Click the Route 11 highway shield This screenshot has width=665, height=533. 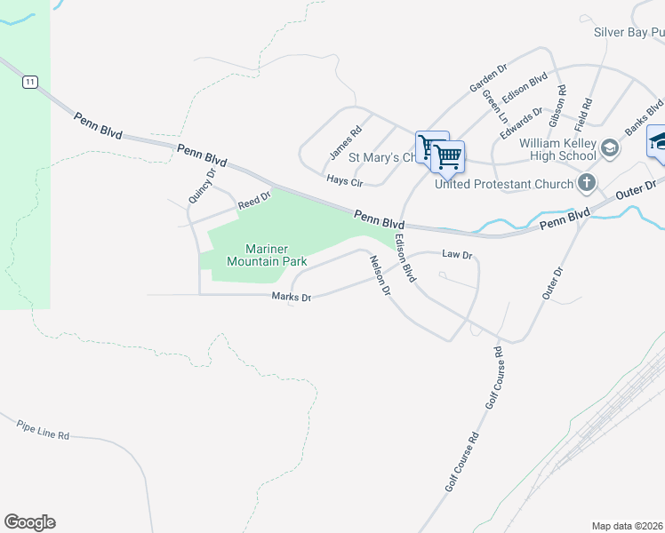pyautogui.click(x=31, y=82)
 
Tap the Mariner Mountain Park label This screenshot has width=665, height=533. pyautogui.click(x=267, y=255)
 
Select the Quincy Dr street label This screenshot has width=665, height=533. pyautogui.click(x=202, y=187)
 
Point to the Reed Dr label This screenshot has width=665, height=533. pyautogui.click(x=253, y=204)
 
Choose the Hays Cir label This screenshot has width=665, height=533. pyautogui.click(x=345, y=180)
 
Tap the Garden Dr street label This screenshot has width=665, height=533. pyautogui.click(x=488, y=77)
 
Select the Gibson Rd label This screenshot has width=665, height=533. pyautogui.click(x=558, y=104)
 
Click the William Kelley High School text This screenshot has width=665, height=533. pyautogui.click(x=557, y=149)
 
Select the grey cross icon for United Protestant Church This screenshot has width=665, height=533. pyautogui.click(x=586, y=184)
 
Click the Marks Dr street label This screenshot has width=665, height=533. pyautogui.click(x=291, y=298)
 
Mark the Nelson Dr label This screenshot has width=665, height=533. pyautogui.click(x=380, y=275)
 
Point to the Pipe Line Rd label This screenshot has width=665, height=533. pyautogui.click(x=42, y=432)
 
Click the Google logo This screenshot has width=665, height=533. pyautogui.click(x=29, y=522)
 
